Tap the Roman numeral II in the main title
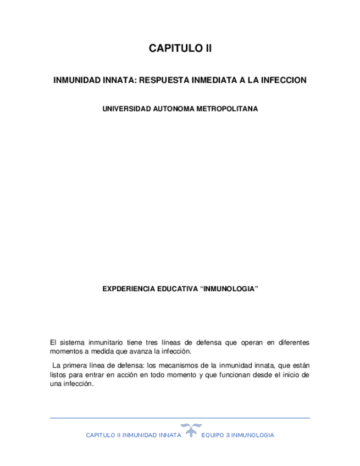click(208, 49)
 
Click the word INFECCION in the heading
click(284, 80)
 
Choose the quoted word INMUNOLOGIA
click(229, 289)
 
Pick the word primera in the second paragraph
click(74, 365)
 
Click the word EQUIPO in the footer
click(212, 435)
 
